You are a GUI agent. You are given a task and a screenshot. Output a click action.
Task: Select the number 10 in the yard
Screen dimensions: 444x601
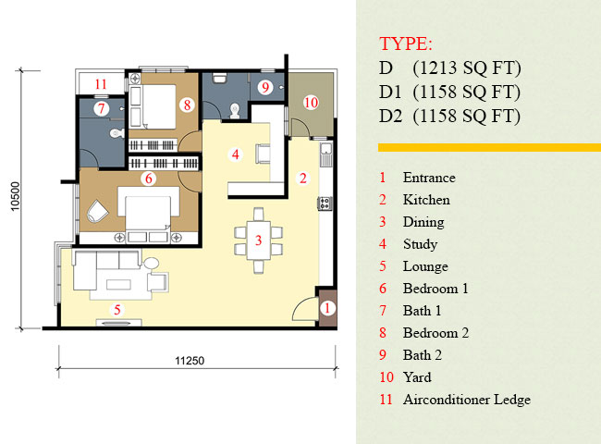311,102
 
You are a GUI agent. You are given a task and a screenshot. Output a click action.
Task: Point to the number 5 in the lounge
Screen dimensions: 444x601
117,309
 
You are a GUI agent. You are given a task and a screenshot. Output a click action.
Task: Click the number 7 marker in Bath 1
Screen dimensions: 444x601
102,108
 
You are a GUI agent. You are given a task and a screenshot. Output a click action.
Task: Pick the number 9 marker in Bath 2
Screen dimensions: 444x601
265,88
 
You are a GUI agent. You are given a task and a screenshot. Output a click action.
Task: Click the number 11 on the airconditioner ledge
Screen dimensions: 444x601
101,84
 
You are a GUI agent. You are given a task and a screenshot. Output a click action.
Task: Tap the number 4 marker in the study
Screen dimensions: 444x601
236,154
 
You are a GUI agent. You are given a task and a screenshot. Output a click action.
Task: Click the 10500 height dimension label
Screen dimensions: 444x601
15,197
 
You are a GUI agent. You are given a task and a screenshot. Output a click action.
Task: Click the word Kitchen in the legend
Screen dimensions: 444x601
426,200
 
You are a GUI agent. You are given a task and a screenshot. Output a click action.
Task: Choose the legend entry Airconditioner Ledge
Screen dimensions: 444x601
466,400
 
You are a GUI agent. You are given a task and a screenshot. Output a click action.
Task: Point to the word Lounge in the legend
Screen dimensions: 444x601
424,266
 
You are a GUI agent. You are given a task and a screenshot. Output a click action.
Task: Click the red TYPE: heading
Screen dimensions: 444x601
405,43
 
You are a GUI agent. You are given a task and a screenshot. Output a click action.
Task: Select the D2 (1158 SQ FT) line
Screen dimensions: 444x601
450,117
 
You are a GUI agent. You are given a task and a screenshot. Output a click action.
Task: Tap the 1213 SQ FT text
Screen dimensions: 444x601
469,68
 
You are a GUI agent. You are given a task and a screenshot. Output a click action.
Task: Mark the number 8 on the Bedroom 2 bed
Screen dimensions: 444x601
187,105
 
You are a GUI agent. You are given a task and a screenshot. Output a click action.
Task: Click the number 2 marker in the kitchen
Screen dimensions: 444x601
301,178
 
